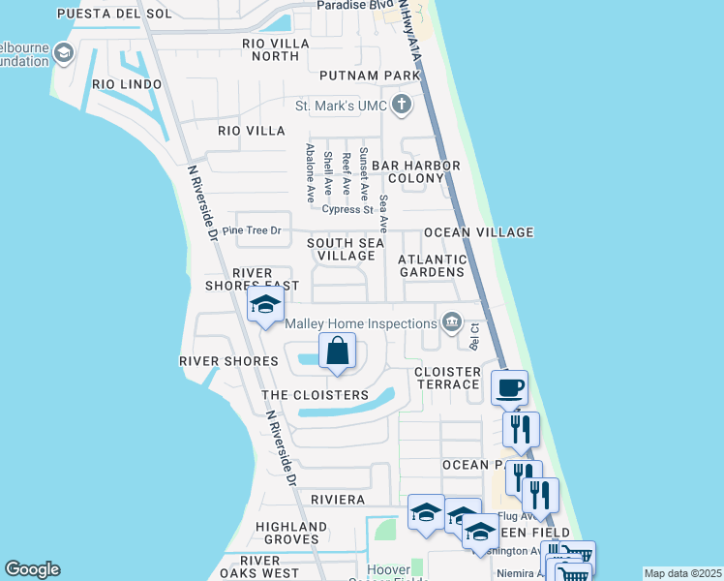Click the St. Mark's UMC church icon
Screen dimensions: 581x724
click(402, 105)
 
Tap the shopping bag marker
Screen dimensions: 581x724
click(337, 352)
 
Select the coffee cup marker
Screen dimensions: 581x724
click(509, 389)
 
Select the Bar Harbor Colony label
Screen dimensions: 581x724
click(424, 171)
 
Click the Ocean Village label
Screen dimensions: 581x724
click(479, 232)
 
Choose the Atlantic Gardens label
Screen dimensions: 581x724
click(433, 265)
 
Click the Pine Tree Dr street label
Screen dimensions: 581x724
click(252, 230)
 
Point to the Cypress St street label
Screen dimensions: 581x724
click(347, 209)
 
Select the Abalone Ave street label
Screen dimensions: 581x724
click(310, 172)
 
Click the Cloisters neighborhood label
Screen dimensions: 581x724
click(315, 395)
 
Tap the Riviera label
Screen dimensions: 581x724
click(337, 499)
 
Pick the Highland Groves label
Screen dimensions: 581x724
click(287, 533)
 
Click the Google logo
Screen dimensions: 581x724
click(32, 569)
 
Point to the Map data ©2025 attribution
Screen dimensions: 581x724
click(681, 573)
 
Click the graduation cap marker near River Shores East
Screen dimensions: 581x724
click(264, 307)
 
